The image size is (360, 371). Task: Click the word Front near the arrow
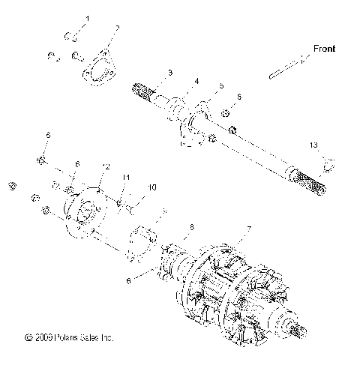coord(325,49)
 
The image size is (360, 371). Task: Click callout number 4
coord(197,80)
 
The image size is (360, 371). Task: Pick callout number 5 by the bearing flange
coord(221,87)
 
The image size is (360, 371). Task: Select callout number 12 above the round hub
coord(106,166)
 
